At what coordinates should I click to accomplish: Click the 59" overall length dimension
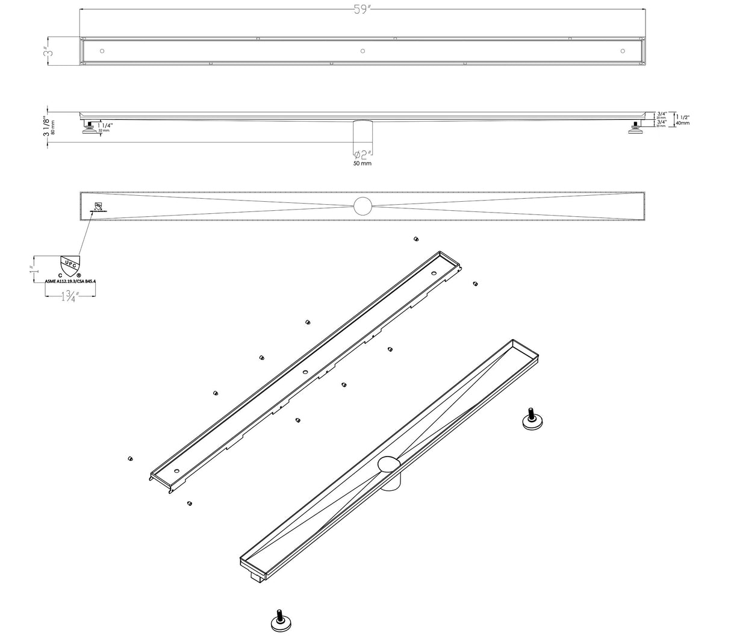click(362, 10)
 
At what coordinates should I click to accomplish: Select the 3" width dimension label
click(46, 52)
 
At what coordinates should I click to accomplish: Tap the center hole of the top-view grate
click(362, 51)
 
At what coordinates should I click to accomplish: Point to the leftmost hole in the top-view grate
click(102, 51)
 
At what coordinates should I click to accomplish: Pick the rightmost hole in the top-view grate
click(622, 51)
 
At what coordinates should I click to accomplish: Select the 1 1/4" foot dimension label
click(104, 125)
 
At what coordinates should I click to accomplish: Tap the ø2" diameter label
click(362, 154)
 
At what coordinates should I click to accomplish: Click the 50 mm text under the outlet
click(362, 164)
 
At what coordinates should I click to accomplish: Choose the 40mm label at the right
click(682, 122)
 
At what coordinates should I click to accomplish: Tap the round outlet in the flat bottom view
click(363, 205)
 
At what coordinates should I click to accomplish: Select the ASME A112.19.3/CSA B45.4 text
click(70, 280)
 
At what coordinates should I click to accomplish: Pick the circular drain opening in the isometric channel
click(389, 464)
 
